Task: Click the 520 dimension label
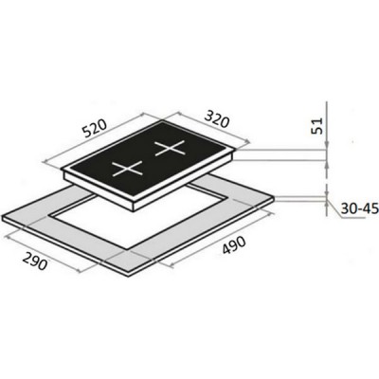pyautogui.click(x=94, y=129)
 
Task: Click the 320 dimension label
pyautogui.click(x=216, y=118)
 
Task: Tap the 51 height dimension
pyautogui.click(x=317, y=125)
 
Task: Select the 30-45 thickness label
pyautogui.click(x=359, y=208)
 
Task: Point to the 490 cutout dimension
pyautogui.click(x=234, y=245)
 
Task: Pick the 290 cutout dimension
pyautogui.click(x=35, y=261)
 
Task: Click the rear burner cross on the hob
pyautogui.click(x=170, y=148)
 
